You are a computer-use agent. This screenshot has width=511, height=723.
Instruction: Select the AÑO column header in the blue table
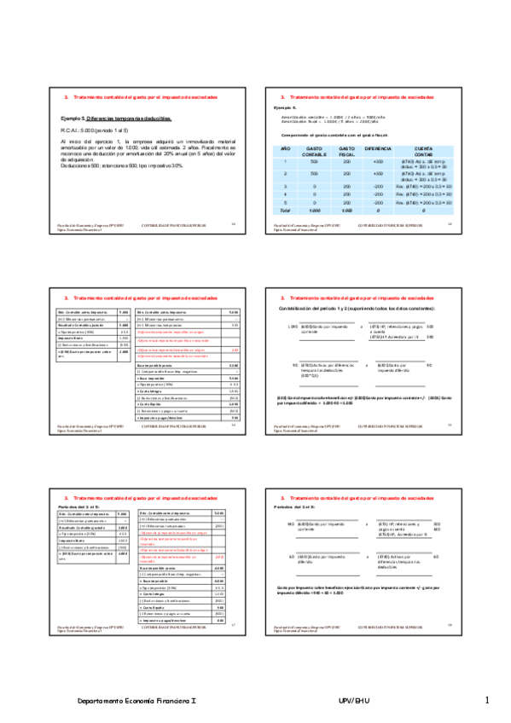287,148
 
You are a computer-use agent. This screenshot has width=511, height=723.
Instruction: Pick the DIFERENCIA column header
378,148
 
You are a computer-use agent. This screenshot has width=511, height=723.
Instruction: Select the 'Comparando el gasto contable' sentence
336,136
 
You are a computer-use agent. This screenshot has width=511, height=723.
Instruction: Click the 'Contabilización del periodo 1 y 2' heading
357,308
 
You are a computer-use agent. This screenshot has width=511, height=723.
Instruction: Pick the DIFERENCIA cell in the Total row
378,210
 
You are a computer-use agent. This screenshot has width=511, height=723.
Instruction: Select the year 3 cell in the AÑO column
287,185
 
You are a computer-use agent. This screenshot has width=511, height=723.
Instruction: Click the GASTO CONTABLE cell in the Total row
314,210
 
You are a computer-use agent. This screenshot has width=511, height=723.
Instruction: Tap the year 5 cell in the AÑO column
287,201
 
